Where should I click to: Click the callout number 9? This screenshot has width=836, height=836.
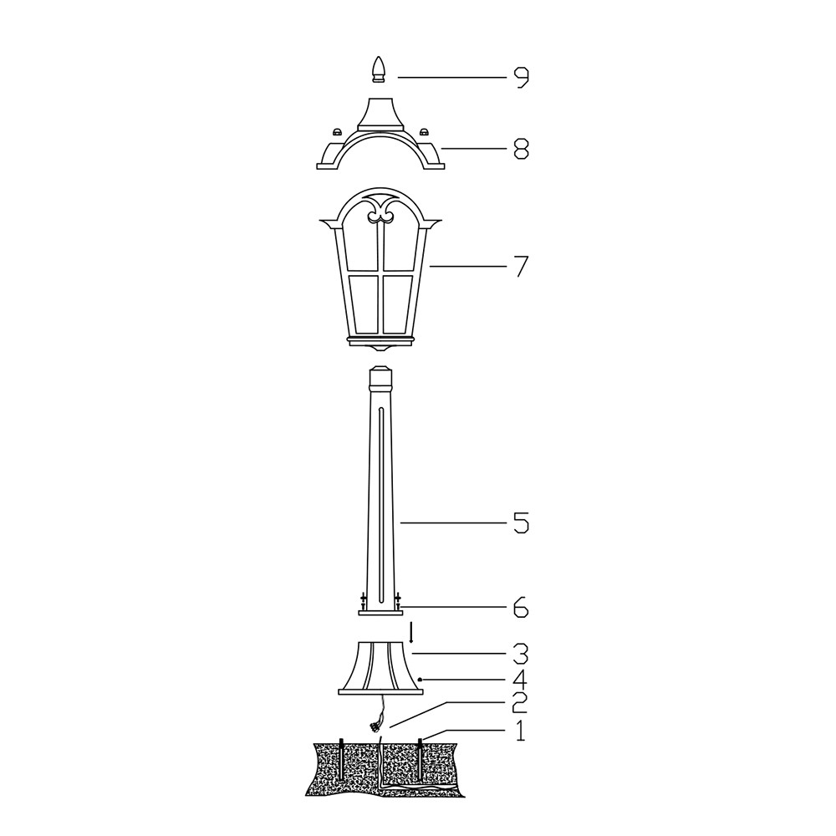click(x=521, y=78)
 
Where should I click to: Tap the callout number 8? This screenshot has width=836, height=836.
click(x=521, y=150)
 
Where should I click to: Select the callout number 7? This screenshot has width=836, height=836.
click(x=521, y=266)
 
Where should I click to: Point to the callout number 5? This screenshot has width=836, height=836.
click(x=521, y=523)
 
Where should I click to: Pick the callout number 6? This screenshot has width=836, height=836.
click(x=521, y=607)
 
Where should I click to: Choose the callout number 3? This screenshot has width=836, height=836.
click(x=521, y=654)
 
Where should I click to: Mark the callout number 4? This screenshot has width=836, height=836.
click(x=521, y=680)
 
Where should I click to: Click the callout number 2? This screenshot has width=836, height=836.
click(x=519, y=704)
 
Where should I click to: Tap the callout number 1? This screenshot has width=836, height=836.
click(x=520, y=731)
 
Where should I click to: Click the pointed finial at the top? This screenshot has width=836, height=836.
click(x=378, y=70)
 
